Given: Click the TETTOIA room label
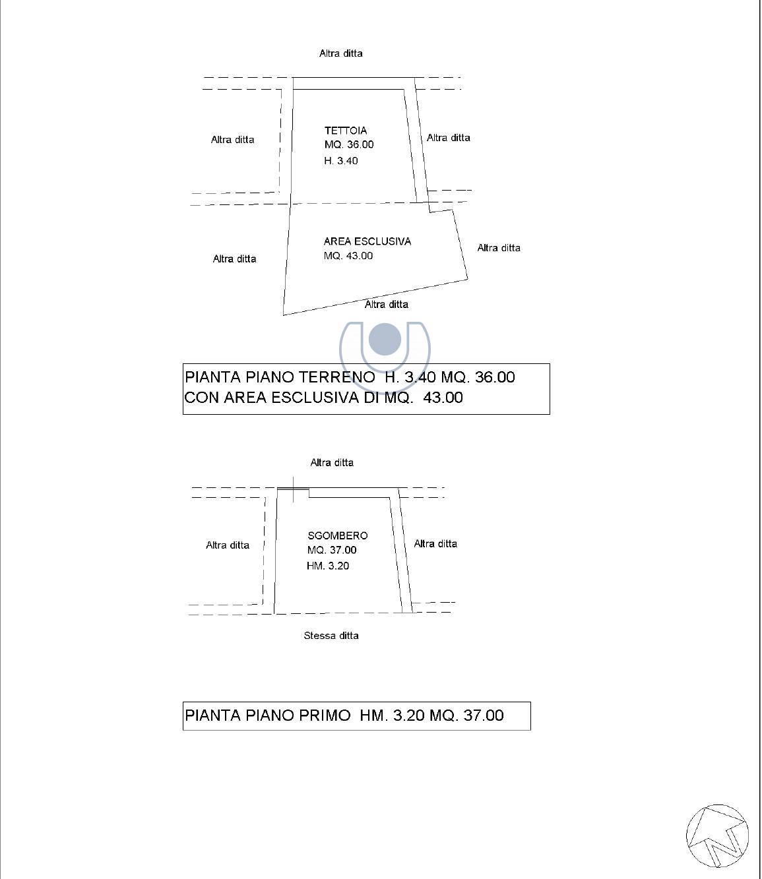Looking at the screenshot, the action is (346, 131).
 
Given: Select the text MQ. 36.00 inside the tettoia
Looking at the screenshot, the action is (349, 144).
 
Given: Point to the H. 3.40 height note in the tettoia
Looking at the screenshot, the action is (341, 161).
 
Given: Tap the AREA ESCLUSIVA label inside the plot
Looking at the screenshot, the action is (367, 241).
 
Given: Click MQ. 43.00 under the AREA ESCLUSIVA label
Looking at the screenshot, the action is (348, 256).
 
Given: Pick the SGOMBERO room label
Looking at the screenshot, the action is (337, 536).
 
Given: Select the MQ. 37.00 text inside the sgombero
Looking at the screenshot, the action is (332, 550).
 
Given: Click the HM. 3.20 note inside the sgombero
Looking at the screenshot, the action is (328, 566).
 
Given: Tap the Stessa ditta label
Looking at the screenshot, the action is (331, 636).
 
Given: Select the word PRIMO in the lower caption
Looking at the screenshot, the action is (325, 715).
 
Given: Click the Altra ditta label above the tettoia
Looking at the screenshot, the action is (341, 53).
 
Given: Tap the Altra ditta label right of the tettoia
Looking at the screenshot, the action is (449, 138).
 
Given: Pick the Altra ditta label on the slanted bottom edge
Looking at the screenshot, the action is (387, 305).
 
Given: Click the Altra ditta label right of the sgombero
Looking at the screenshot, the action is (435, 544).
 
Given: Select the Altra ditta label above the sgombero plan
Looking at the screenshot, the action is (332, 463).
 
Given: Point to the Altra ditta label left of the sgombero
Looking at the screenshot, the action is (228, 545).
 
